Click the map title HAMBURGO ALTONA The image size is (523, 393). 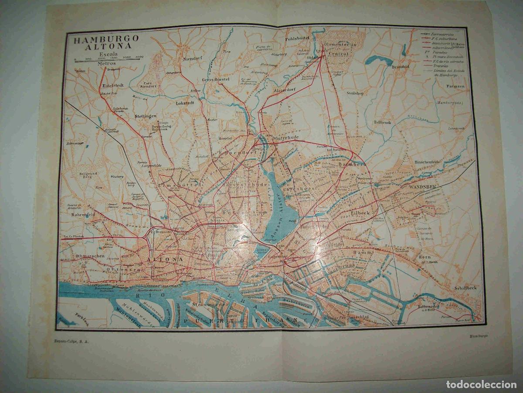105,43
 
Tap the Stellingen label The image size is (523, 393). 146,117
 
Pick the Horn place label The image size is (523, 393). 424,257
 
